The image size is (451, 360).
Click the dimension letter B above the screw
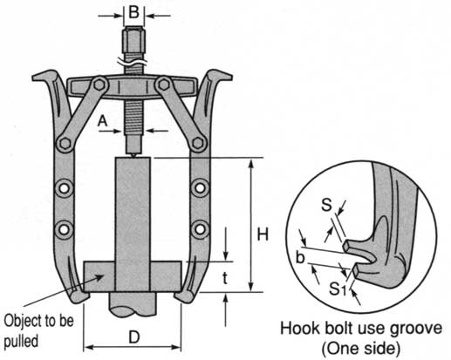point(134,13)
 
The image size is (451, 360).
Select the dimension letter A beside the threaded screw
point(102,121)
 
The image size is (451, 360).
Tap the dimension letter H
point(263,234)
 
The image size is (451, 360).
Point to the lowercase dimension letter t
point(225,278)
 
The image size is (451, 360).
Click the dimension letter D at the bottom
point(134,337)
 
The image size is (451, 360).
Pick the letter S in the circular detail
point(326,205)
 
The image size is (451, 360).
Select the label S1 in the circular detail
point(338,289)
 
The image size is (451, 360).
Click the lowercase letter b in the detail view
point(300,258)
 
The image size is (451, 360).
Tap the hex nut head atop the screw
point(133,38)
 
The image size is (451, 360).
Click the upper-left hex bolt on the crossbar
point(99,85)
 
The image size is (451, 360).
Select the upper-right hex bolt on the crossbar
point(164,85)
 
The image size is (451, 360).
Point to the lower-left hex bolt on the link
point(65,143)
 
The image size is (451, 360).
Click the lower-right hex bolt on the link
point(198,143)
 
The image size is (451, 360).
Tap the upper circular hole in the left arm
point(65,188)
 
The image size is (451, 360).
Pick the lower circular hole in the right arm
point(200,229)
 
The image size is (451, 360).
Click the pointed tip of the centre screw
point(133,157)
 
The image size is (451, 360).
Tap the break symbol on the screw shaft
point(133,62)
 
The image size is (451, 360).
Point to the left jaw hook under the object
point(79,296)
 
